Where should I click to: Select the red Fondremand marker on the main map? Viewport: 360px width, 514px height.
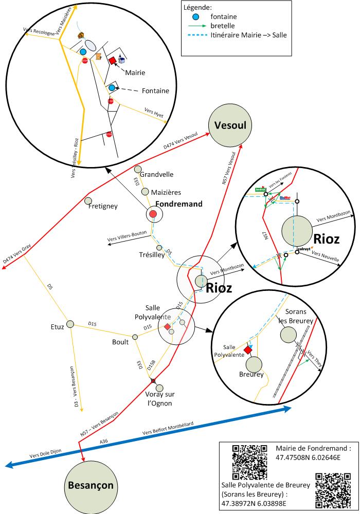[153, 214]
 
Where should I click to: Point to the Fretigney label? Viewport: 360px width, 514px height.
[103, 206]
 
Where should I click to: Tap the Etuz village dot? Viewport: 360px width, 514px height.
[71, 324]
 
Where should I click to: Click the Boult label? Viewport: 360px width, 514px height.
[120, 341]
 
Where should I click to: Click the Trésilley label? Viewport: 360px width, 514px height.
[152, 254]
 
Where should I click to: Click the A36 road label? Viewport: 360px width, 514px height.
[104, 441]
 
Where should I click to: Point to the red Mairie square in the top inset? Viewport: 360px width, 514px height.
[112, 61]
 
